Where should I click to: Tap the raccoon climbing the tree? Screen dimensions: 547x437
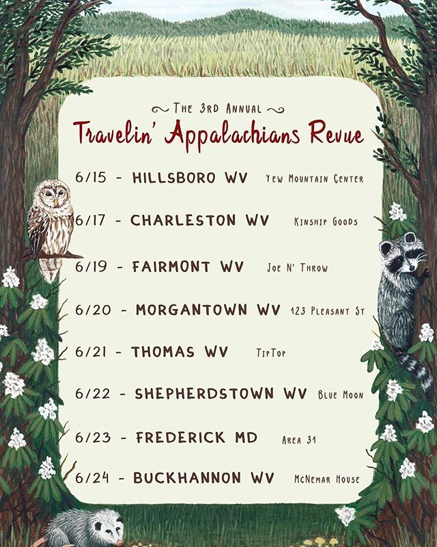click(402, 287)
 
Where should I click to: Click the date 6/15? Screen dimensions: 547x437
click(91, 178)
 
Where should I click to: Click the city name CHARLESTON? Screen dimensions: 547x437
click(182, 221)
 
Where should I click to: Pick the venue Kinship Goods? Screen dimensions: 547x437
click(324, 222)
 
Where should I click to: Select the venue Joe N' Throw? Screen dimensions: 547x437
click(297, 268)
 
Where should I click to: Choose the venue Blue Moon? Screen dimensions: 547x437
click(340, 395)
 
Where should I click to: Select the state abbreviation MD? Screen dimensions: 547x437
click(244, 437)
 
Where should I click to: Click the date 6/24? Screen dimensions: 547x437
click(91, 478)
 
